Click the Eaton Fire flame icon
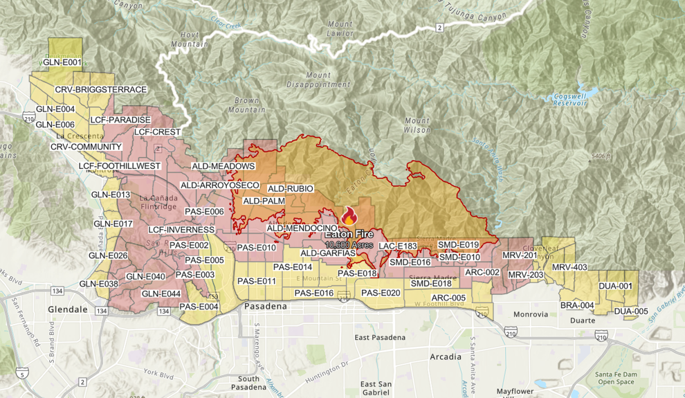tap(349, 217)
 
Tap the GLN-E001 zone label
tap(62, 62)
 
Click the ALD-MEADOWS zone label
tap(223, 166)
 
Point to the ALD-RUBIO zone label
tap(291, 188)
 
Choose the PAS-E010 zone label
tap(257, 247)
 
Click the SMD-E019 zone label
tap(459, 245)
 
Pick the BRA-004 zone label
tap(577, 305)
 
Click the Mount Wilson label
tap(418, 125)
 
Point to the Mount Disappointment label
tap(318, 80)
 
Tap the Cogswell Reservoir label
tap(569, 99)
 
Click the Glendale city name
tap(68, 309)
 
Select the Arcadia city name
tap(445, 357)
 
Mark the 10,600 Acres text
tap(349, 245)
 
